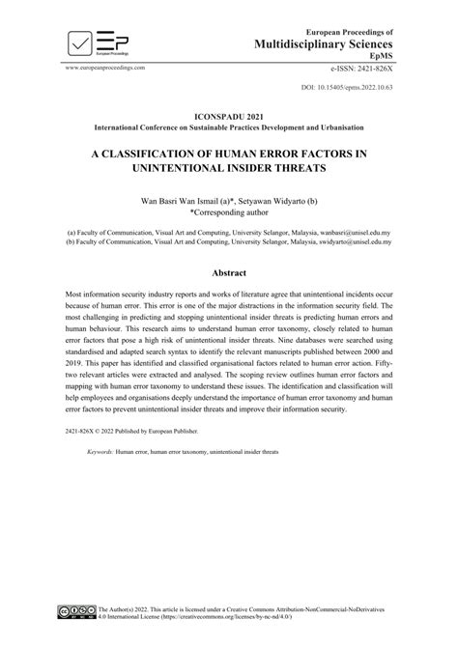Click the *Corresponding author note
pos(228,214)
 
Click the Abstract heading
pos(229,273)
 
